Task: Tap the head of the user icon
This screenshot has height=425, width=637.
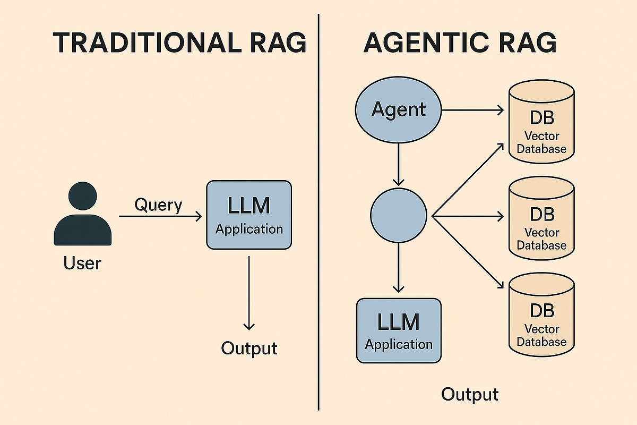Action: pos(83,196)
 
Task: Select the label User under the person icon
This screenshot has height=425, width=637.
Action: pos(82,262)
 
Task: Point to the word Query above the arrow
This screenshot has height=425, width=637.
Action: pos(158,205)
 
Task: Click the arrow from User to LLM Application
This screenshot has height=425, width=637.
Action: pos(159,216)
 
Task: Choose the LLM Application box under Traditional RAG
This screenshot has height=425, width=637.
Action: pos(249,215)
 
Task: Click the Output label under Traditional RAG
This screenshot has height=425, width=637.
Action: pos(249,348)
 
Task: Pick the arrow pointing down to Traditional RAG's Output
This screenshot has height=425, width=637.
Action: pos(249,292)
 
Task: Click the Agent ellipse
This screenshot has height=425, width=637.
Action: pos(398,110)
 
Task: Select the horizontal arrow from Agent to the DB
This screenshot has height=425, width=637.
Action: pos(472,110)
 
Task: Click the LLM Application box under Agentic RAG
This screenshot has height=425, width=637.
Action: pos(399,330)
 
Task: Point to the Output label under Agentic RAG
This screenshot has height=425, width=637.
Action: pos(470,395)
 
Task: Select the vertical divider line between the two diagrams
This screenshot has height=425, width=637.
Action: pos(318,212)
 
